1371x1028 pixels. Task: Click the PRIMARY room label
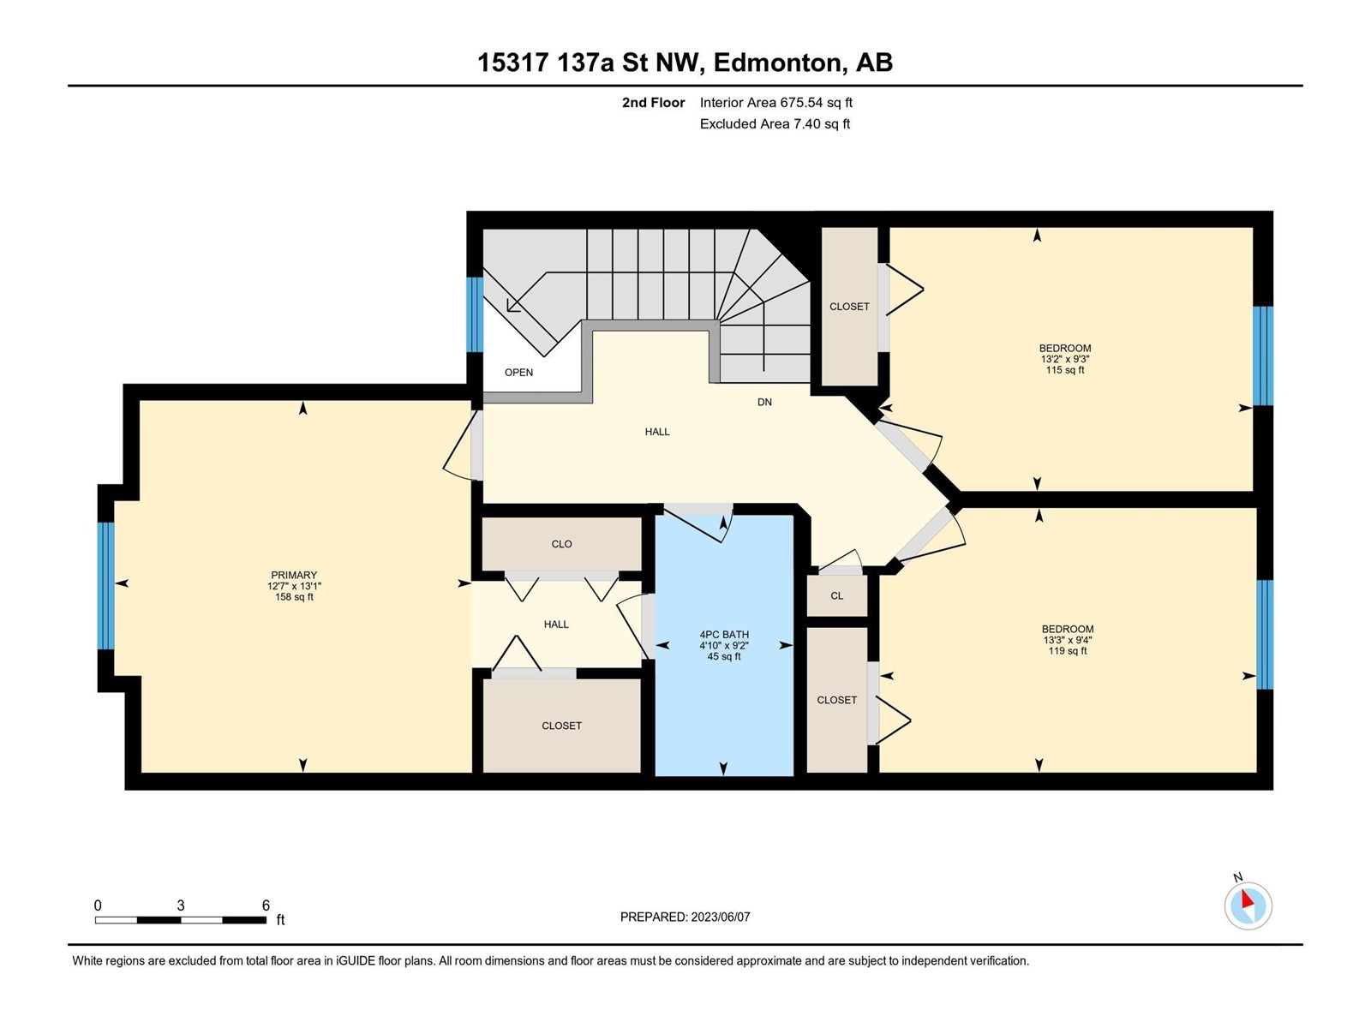point(294,575)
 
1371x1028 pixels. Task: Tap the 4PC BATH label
point(724,634)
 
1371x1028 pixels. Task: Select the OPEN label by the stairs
point(518,373)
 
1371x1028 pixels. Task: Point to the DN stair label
point(764,403)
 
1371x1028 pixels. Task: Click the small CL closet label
point(837,596)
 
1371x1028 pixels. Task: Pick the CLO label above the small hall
point(561,544)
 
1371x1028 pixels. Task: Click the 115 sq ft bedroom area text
point(1065,370)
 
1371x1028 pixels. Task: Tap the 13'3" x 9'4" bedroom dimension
point(1068,640)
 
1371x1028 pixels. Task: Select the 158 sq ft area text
point(294,597)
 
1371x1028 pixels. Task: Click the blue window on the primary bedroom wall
point(106,585)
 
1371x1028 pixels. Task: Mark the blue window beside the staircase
point(476,314)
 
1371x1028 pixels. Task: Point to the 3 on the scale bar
point(181,905)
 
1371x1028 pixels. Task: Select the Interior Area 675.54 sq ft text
point(775,102)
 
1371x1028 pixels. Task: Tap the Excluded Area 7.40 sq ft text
point(775,123)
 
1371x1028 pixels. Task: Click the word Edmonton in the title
point(781,63)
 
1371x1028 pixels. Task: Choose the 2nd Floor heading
point(653,102)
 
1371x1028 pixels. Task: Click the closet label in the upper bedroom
point(849,307)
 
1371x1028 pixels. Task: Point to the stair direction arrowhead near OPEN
point(512,306)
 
